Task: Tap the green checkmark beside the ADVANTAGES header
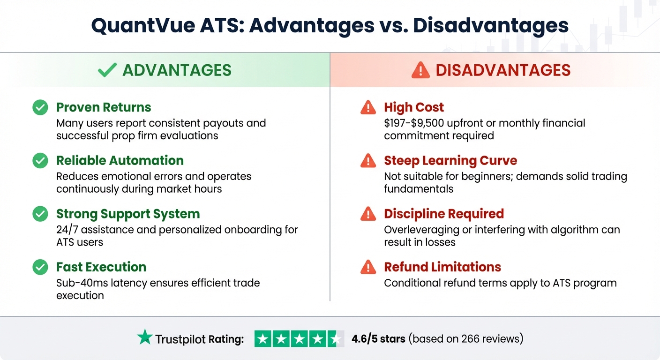tap(107, 70)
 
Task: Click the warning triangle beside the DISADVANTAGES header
tap(420, 70)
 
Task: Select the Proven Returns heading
tap(104, 107)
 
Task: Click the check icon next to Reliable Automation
tap(40, 161)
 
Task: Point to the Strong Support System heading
tap(128, 214)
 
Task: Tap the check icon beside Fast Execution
tap(40, 267)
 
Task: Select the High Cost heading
tap(413, 107)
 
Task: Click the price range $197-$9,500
tap(422, 123)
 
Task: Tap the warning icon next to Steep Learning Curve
tap(368, 161)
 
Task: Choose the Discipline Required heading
tap(443, 214)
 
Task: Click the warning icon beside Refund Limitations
tap(368, 267)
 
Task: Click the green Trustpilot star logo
tap(145, 337)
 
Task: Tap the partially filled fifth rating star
tap(335, 339)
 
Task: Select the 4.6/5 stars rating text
tap(378, 338)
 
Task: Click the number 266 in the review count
tap(471, 338)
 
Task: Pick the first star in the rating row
tap(263, 339)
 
